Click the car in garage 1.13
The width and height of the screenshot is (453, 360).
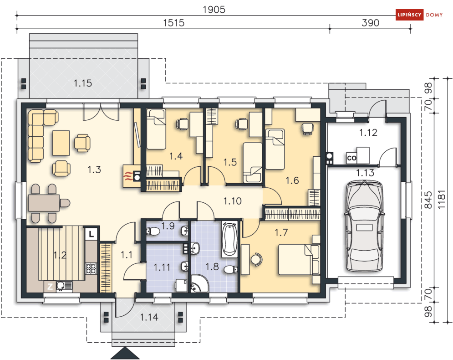click(365, 226)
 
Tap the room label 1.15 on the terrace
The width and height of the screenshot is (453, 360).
click(82, 83)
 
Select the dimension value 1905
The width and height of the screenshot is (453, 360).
click(214, 10)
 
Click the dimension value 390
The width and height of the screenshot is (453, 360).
click(370, 23)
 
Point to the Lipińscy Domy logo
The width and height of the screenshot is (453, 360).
click(419, 15)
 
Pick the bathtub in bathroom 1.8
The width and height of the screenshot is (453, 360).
click(229, 239)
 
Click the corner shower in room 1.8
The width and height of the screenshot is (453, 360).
click(199, 283)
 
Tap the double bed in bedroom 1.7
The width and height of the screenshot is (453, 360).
click(299, 259)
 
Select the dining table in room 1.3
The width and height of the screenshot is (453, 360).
click(44, 203)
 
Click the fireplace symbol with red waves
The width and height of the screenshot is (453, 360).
click(132, 176)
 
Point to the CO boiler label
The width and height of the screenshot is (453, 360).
click(351, 158)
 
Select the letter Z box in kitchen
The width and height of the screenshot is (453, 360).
click(50, 287)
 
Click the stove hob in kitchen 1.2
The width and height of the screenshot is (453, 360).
click(91, 268)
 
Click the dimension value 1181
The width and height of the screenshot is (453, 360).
click(442, 200)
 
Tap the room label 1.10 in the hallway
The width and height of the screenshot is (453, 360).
click(232, 201)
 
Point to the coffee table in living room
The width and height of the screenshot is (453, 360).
click(61, 143)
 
